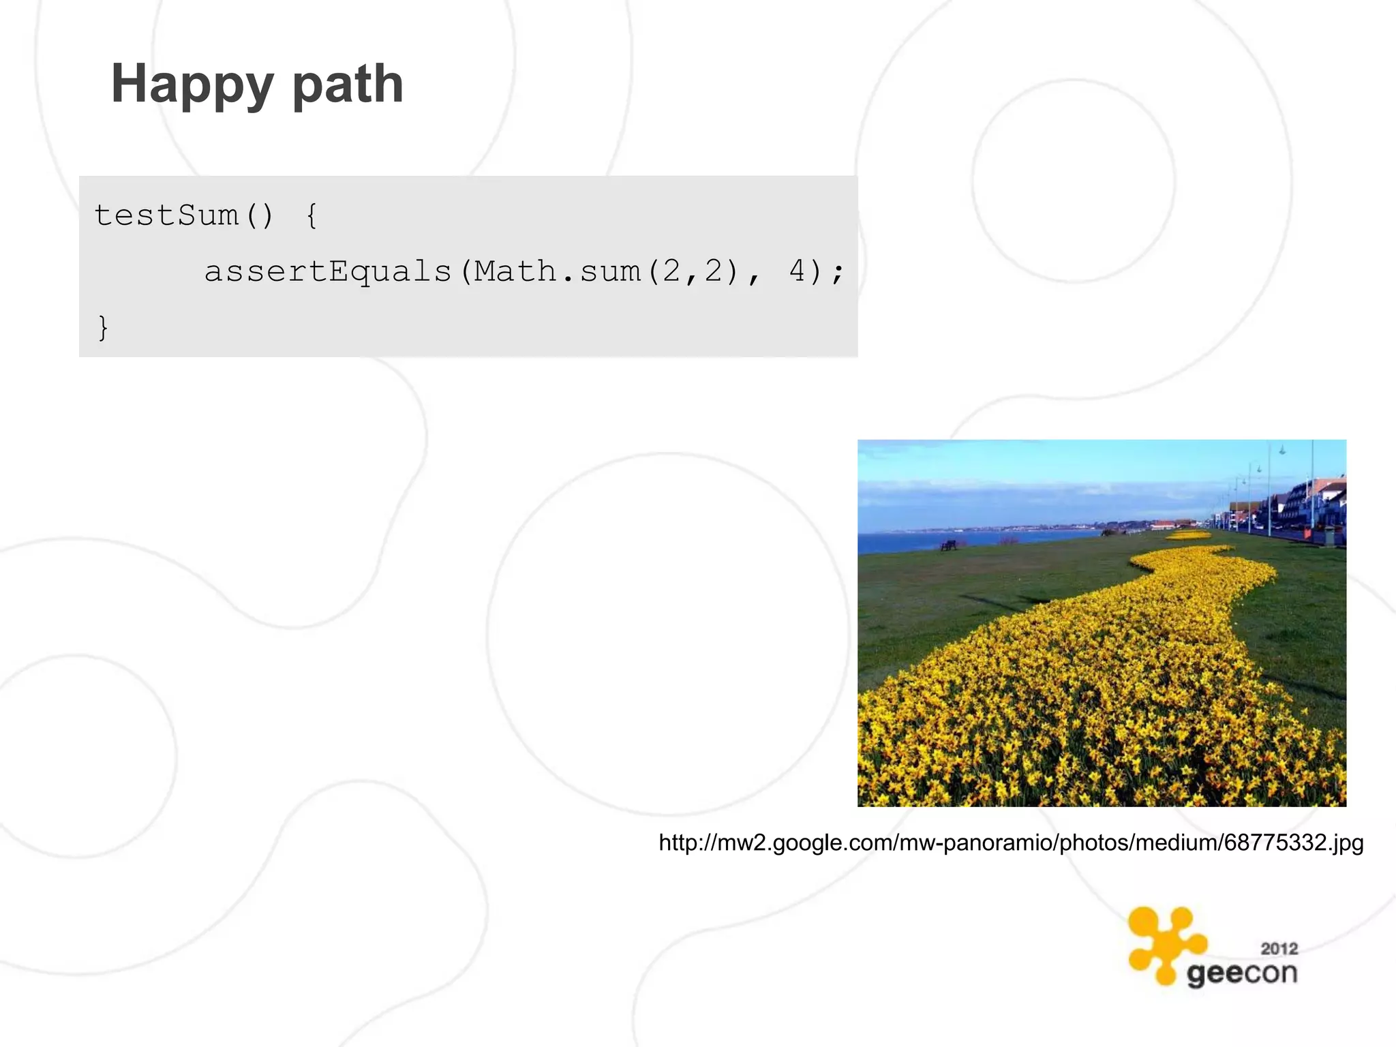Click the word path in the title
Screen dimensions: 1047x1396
(x=348, y=85)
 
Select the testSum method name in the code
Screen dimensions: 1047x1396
(x=166, y=215)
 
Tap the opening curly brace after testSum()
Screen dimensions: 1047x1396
(x=312, y=215)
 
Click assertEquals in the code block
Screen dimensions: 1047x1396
(x=328, y=272)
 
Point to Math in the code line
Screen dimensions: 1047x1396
(x=515, y=272)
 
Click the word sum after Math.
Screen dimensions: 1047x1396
(x=610, y=272)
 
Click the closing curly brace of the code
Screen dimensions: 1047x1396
(x=103, y=328)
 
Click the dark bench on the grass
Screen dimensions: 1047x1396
(x=948, y=545)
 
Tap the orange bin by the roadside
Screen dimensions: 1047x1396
(x=1307, y=534)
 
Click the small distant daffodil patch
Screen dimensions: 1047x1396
(x=1187, y=536)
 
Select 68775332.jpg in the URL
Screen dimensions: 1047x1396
(x=1293, y=843)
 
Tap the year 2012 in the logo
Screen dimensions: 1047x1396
(x=1279, y=948)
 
